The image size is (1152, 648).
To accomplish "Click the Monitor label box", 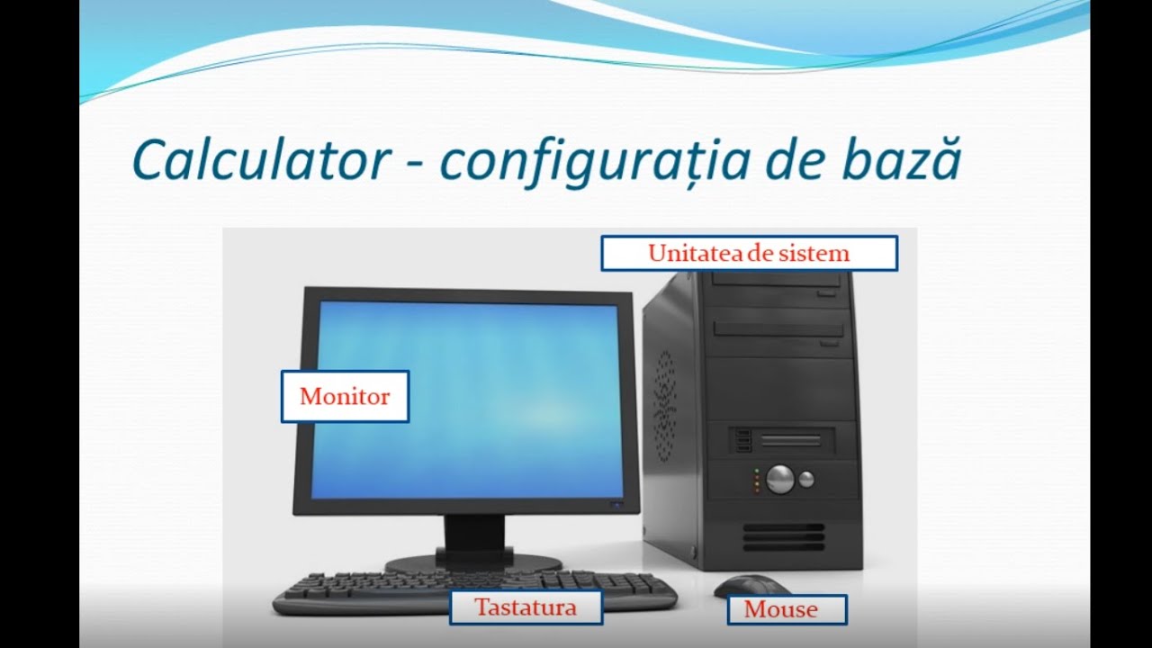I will click(x=345, y=396).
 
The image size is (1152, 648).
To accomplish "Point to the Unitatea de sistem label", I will click(x=749, y=254).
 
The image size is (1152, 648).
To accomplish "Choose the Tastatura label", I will click(x=526, y=607).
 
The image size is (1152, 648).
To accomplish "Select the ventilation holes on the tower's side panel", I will click(x=664, y=405).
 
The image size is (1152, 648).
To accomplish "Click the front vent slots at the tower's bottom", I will click(x=782, y=537).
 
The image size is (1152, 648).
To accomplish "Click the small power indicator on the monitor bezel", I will click(x=617, y=504).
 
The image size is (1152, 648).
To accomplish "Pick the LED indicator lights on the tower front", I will click(x=757, y=481).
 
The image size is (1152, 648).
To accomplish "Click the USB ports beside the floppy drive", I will click(x=743, y=441).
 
